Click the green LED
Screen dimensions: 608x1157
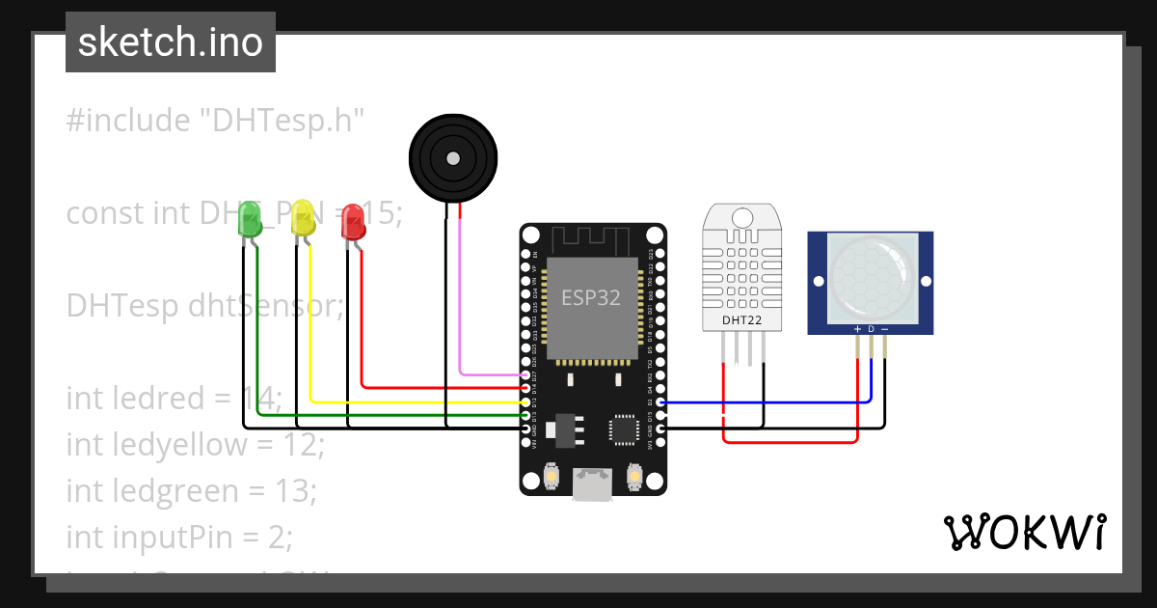point(250,221)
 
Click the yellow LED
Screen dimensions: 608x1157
point(303,219)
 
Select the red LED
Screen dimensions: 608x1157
point(354,223)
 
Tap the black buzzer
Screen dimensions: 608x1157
point(453,157)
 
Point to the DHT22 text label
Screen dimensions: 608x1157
point(742,319)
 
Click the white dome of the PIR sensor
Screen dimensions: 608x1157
point(871,279)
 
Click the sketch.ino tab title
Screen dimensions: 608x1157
point(171,42)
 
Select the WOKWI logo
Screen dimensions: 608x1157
point(1024,532)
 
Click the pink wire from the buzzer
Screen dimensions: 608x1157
point(460,318)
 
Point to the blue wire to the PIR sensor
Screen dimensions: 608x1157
point(771,402)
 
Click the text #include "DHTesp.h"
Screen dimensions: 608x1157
point(216,121)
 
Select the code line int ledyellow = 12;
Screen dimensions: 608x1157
point(195,445)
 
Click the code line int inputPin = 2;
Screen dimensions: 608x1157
point(178,536)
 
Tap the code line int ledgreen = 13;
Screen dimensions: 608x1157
point(191,490)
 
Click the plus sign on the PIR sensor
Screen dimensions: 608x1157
point(857,329)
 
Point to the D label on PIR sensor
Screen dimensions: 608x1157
point(871,329)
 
